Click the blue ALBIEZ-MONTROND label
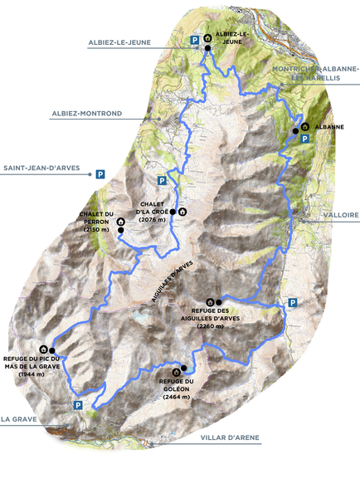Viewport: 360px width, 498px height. (x=86, y=113)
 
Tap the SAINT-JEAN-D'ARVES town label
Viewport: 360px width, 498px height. (x=41, y=168)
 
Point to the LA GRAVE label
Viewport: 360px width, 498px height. (x=18, y=419)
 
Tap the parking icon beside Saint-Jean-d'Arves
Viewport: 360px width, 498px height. (x=100, y=174)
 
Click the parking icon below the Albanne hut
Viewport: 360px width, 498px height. (x=304, y=140)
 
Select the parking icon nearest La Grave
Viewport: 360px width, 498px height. (x=77, y=405)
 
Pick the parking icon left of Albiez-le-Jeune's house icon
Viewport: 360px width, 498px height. (x=195, y=39)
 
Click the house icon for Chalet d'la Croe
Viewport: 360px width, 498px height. (x=182, y=212)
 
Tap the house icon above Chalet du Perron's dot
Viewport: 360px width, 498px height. (x=121, y=222)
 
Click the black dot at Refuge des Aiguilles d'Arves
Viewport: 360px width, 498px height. (x=219, y=301)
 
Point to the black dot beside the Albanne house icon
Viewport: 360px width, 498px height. (x=295, y=131)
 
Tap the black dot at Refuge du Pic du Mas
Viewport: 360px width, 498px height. (x=51, y=350)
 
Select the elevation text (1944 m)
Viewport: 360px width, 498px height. (x=31, y=375)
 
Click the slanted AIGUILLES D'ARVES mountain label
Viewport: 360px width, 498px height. (x=172, y=282)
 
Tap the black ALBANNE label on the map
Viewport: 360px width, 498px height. (x=329, y=127)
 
